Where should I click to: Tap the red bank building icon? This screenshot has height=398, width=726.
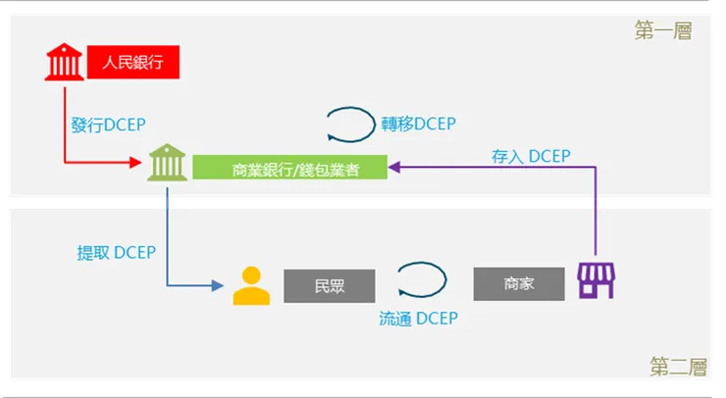tap(65, 63)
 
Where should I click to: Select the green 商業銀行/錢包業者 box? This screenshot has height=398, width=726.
tap(289, 168)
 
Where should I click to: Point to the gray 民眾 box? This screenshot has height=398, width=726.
tap(330, 285)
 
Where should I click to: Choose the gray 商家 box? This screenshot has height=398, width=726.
tap(519, 283)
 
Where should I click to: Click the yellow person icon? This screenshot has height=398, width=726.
tap(251, 285)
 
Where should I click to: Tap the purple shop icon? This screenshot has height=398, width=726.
tap(595, 281)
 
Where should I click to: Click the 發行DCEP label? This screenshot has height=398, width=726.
tap(108, 125)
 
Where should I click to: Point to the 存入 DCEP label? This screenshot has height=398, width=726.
tap(531, 156)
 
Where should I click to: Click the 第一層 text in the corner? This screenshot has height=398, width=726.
tap(663, 31)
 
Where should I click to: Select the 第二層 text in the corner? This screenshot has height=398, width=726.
tap(678, 367)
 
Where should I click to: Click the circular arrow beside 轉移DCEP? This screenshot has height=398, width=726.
tap(350, 124)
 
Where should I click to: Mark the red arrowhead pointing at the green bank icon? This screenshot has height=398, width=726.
tap(139, 162)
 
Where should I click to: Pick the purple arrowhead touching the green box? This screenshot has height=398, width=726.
tap(395, 168)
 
